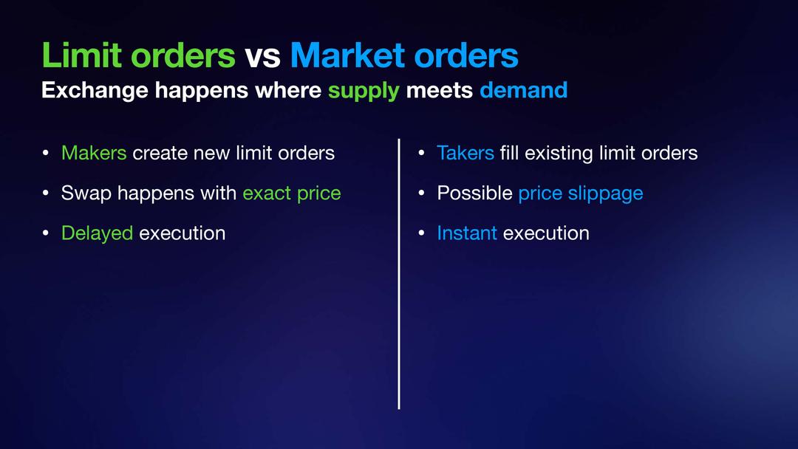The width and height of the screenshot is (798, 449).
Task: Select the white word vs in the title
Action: (x=262, y=57)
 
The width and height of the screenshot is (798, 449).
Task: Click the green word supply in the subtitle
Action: (x=364, y=91)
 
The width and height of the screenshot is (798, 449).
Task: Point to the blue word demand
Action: (x=523, y=90)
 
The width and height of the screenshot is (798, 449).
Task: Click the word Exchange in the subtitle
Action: (x=95, y=91)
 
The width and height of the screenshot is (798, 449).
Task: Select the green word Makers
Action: (x=94, y=153)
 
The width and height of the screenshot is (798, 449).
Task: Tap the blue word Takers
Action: (x=465, y=153)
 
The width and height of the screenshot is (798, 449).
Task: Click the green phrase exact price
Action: (x=292, y=193)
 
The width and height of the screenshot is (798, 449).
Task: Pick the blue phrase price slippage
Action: (x=581, y=193)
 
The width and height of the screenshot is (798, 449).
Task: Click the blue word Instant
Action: (x=467, y=233)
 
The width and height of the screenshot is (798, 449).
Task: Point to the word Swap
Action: (x=86, y=193)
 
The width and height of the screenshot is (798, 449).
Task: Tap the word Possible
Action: (x=474, y=193)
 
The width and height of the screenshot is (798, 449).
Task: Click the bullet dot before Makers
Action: (x=46, y=153)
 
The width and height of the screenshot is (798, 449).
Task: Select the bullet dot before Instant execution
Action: (x=421, y=233)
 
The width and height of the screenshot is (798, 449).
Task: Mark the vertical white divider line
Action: (x=399, y=273)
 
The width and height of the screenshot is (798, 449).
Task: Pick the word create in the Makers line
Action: (x=160, y=153)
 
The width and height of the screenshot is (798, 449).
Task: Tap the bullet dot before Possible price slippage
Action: (x=421, y=193)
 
